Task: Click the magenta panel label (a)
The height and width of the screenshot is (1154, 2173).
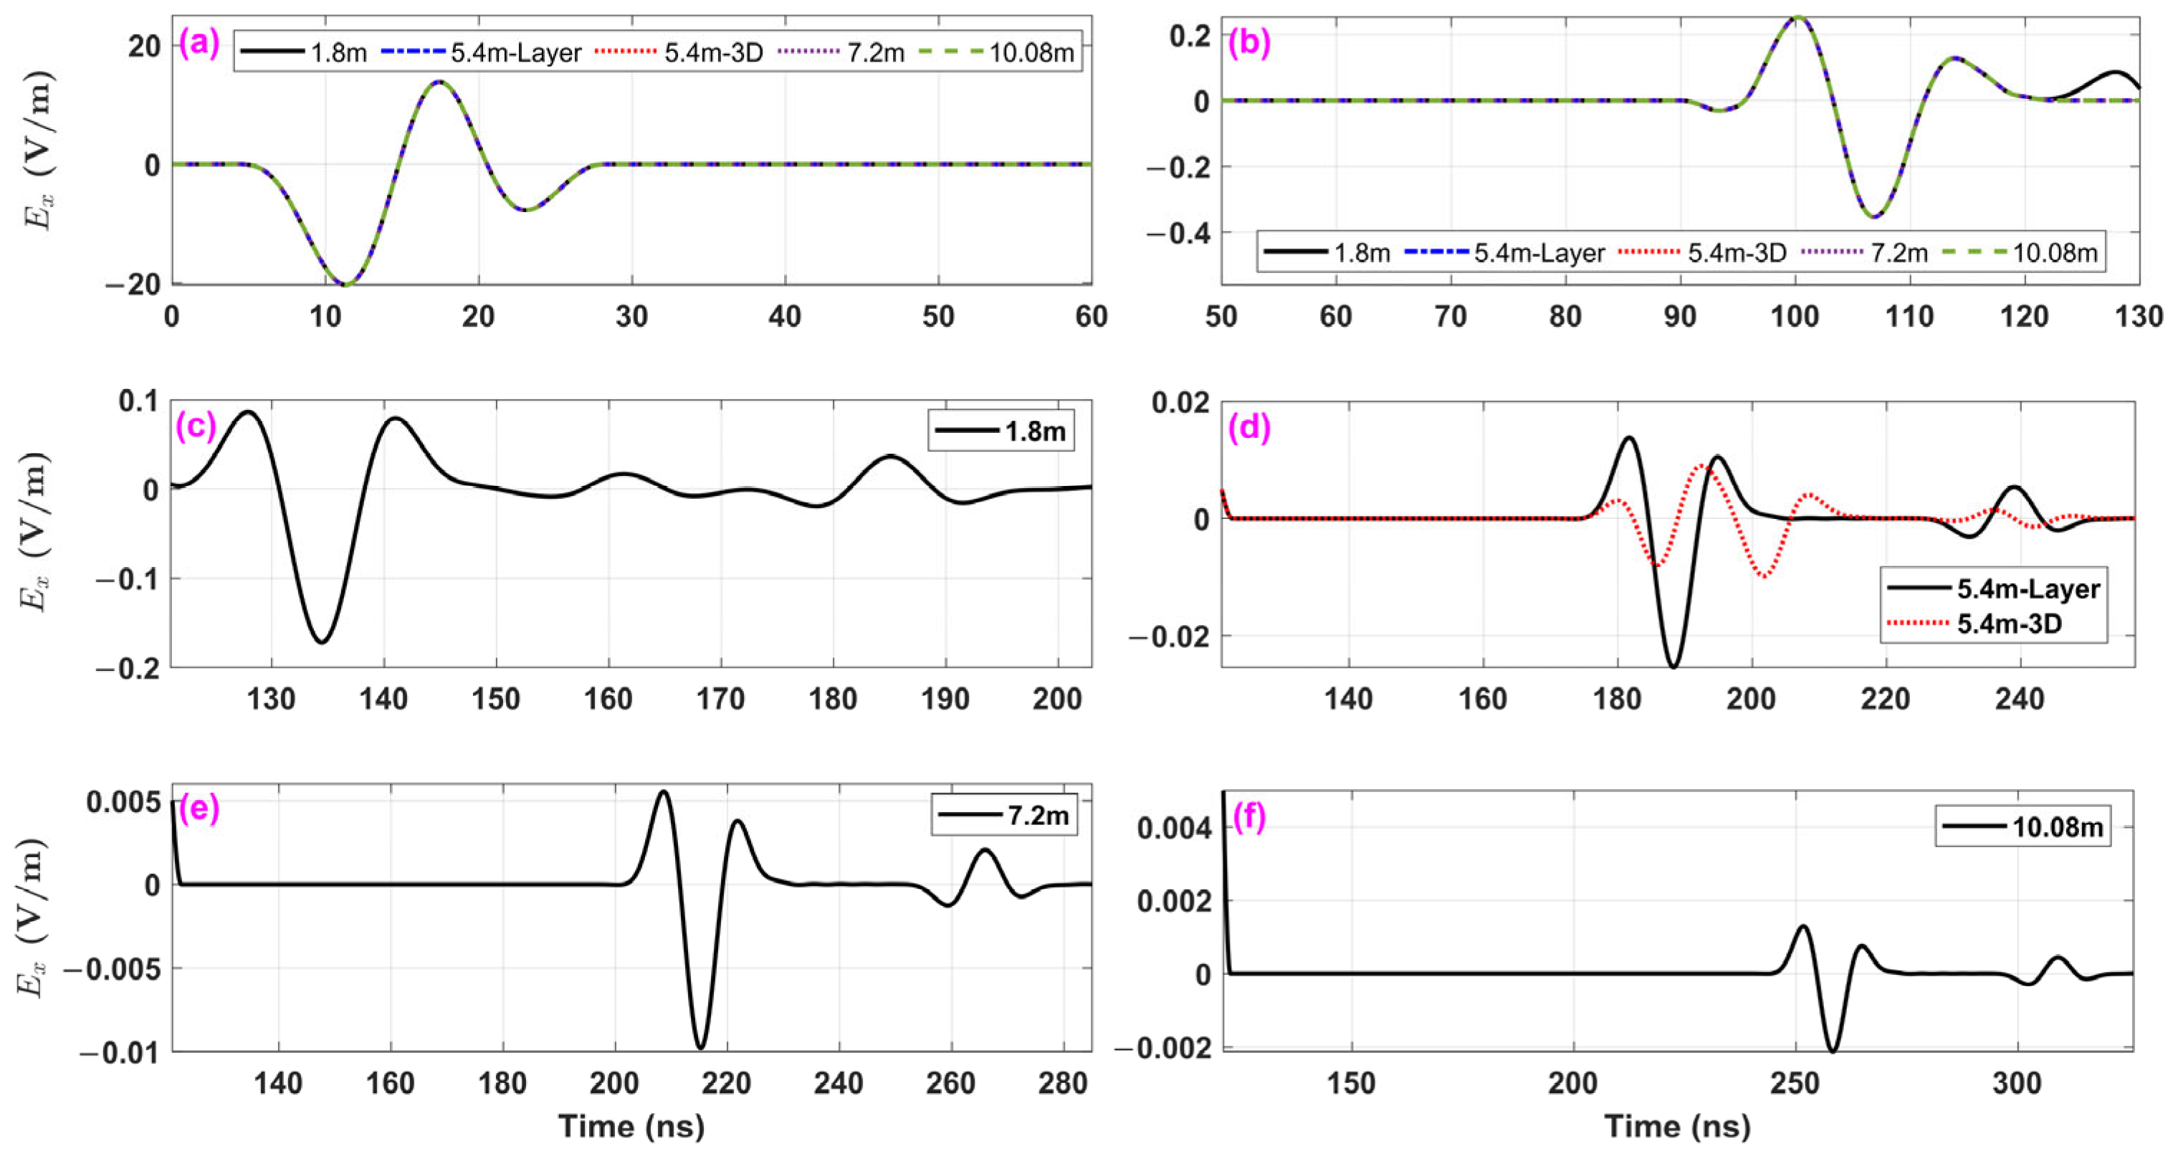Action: coord(199,44)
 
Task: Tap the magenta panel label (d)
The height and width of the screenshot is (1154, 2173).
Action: coord(1248,428)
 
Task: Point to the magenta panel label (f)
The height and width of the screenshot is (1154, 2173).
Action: coord(1248,819)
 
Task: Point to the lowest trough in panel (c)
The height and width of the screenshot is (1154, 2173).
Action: coord(323,643)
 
